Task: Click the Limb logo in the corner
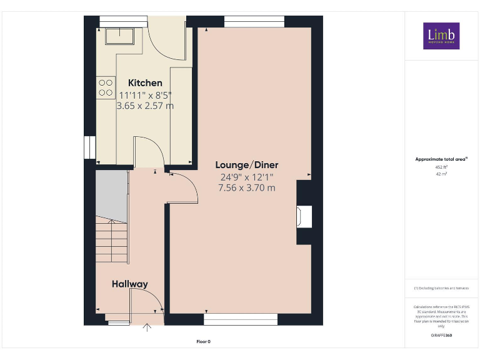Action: (x=441, y=36)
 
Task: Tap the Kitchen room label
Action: (x=145, y=82)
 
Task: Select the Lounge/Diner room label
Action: (x=247, y=165)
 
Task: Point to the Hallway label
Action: (x=130, y=284)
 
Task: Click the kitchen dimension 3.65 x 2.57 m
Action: (x=145, y=106)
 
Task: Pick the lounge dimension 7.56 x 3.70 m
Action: (x=247, y=187)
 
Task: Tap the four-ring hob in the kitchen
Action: (x=106, y=87)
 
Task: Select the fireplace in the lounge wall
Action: (x=304, y=216)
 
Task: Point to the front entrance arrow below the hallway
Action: (x=147, y=327)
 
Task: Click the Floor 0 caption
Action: (x=204, y=341)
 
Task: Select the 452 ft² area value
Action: (x=441, y=167)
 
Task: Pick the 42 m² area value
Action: (x=441, y=174)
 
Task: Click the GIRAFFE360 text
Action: (x=441, y=336)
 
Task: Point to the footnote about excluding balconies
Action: (x=441, y=288)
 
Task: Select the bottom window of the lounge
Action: (x=241, y=319)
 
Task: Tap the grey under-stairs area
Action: (x=111, y=194)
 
